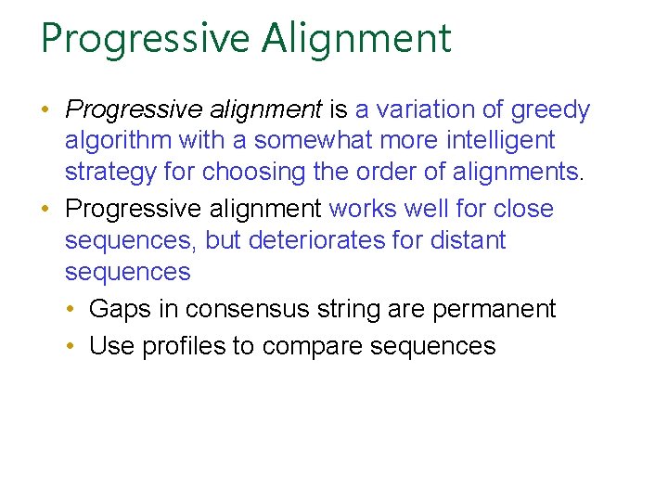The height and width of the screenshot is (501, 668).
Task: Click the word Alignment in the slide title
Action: [357, 39]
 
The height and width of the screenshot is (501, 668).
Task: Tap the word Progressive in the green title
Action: [146, 39]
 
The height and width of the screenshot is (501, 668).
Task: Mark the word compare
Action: [312, 346]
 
